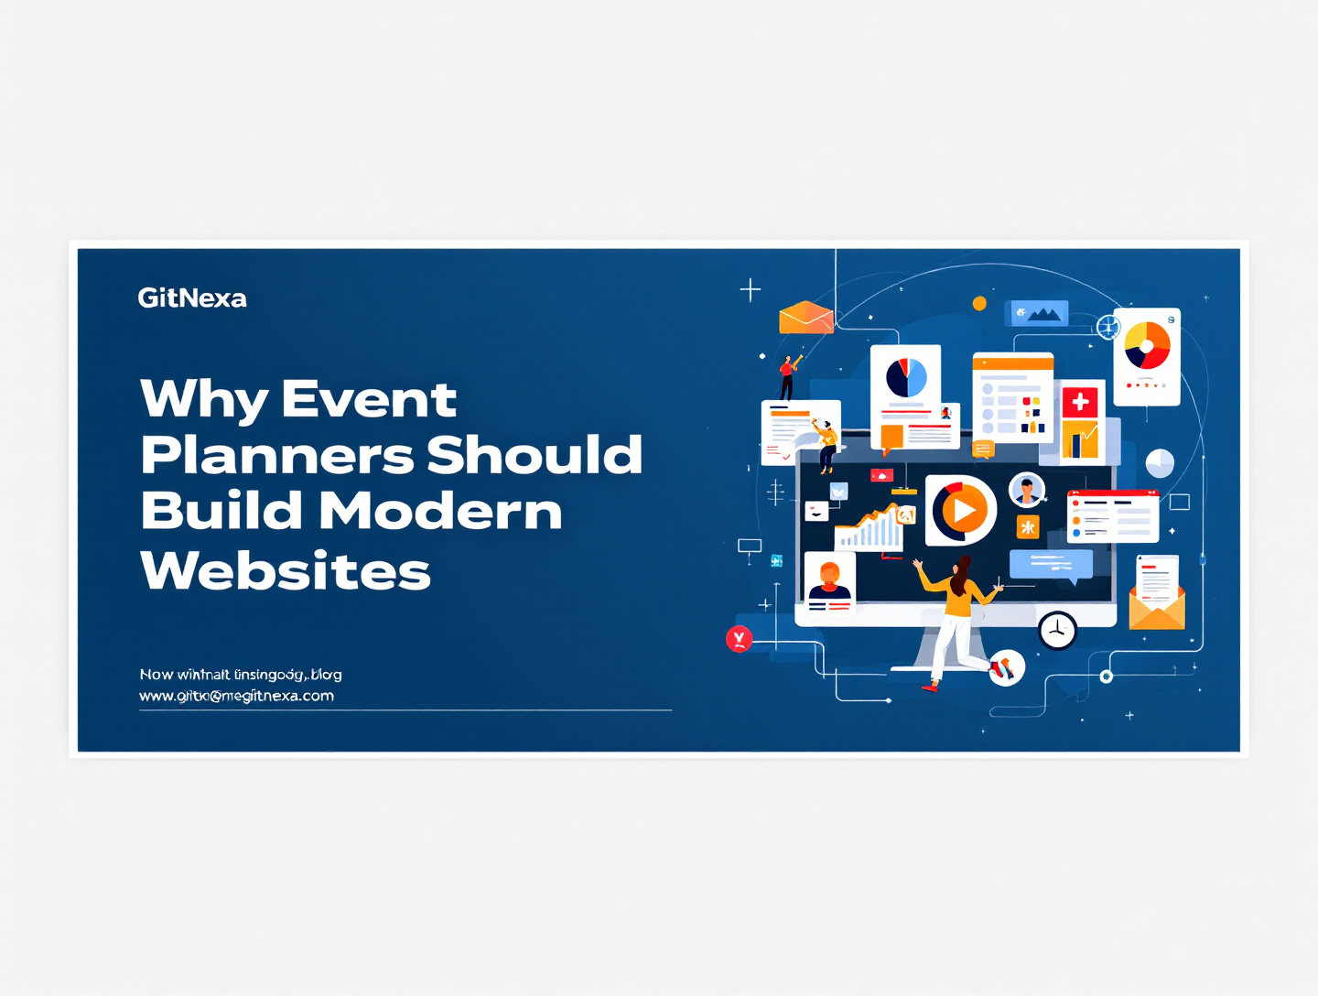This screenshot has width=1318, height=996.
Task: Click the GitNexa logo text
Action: (192, 298)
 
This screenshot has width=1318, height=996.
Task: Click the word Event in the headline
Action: (369, 399)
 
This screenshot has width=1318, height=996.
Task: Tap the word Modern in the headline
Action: (440, 511)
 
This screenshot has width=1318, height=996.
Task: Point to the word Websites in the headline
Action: (286, 570)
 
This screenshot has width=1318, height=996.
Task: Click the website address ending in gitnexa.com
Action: (236, 696)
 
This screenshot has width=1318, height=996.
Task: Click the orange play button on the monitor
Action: (961, 510)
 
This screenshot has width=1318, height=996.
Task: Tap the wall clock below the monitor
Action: (1057, 630)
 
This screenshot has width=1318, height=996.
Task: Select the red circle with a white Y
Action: (739, 638)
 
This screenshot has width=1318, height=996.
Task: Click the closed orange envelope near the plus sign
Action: (805, 317)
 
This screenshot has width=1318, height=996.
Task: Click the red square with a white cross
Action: (1080, 401)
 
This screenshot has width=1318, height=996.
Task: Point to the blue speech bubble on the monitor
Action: (1051, 564)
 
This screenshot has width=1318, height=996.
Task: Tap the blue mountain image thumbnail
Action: (1038, 313)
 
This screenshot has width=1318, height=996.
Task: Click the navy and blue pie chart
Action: (906, 377)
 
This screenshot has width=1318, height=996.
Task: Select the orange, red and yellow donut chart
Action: (1147, 345)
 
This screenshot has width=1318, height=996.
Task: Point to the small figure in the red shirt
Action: (786, 377)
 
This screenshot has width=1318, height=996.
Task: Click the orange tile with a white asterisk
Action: (1028, 526)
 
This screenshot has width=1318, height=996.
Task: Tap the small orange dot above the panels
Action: (979, 303)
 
